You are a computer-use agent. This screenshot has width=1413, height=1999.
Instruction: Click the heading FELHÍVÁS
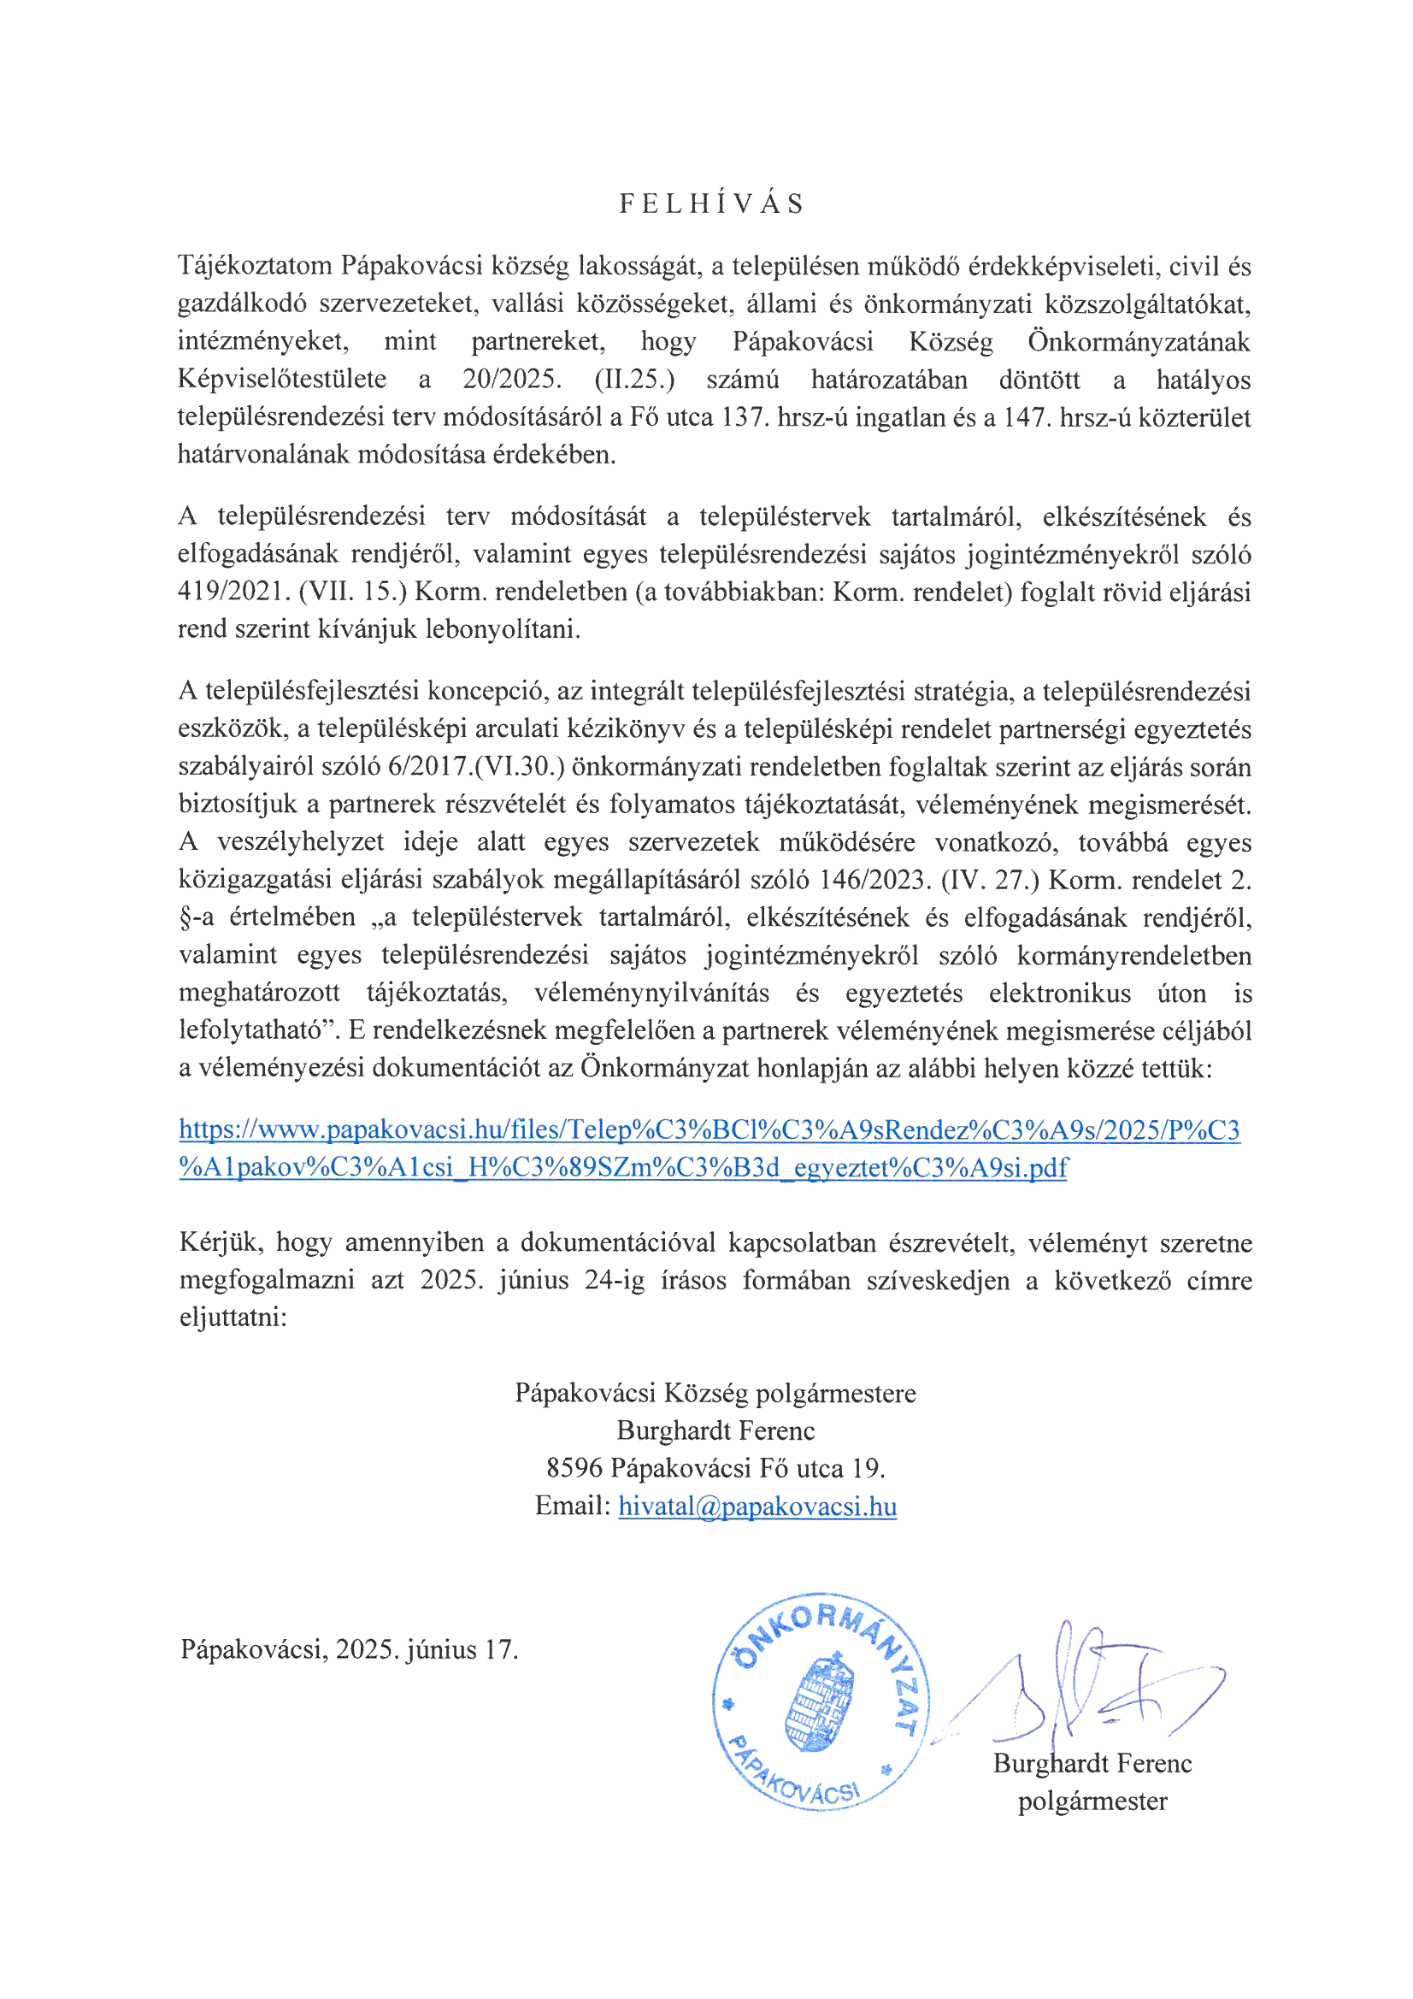tap(711, 203)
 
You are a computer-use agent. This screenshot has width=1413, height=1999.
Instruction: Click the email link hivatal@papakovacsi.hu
tap(757, 1506)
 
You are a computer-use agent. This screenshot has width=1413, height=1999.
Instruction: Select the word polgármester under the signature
tap(1092, 1801)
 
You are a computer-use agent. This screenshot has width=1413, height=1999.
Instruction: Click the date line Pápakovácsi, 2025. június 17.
tap(349, 1649)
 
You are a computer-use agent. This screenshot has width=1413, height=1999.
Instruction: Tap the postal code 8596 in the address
tap(574, 1468)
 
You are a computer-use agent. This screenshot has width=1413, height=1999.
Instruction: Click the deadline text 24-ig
tap(615, 1280)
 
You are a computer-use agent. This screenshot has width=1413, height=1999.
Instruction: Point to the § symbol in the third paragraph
tap(185, 918)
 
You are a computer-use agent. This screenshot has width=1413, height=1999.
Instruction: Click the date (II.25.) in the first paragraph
tap(633, 380)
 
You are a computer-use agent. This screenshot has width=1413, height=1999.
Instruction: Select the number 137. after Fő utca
tap(745, 417)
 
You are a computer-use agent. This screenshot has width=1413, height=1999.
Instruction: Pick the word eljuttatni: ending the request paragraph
tap(233, 1317)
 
